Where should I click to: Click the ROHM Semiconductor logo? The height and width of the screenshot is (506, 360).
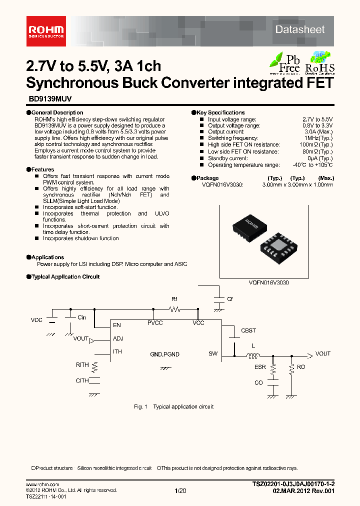tap(45, 31)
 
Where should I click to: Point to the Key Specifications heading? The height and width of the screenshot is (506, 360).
tap(220, 113)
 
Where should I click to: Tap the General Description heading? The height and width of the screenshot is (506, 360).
tap(56, 113)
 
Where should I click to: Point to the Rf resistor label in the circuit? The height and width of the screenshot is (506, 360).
tap(174, 299)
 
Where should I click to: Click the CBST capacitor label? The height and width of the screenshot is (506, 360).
tap(248, 330)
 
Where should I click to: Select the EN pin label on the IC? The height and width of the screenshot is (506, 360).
tap(117, 325)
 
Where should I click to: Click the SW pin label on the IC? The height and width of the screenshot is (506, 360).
tap(213, 354)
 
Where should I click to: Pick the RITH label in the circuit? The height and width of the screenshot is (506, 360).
tap(82, 365)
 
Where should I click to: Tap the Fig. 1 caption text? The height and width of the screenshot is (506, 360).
tap(173, 407)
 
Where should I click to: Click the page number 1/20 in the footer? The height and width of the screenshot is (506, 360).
tap(180, 491)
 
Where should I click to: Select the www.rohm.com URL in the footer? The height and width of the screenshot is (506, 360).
tap(42, 485)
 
